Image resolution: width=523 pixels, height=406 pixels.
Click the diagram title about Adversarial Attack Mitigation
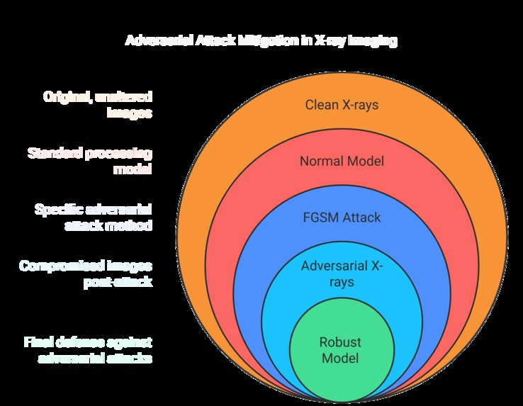(261, 40)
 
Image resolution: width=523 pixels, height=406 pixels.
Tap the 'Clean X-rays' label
(342, 105)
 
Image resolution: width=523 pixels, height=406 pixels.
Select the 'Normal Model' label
(342, 161)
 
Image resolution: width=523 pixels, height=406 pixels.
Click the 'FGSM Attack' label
(342, 218)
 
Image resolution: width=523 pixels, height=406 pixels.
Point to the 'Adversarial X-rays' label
(342, 274)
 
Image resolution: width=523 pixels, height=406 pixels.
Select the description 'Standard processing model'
(90, 161)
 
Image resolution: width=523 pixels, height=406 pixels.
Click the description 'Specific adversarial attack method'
(94, 217)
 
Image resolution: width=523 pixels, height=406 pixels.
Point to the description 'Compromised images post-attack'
(86, 274)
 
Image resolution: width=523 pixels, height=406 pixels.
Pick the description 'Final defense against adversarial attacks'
(86, 350)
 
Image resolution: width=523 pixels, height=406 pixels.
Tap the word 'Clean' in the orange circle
(321, 105)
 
